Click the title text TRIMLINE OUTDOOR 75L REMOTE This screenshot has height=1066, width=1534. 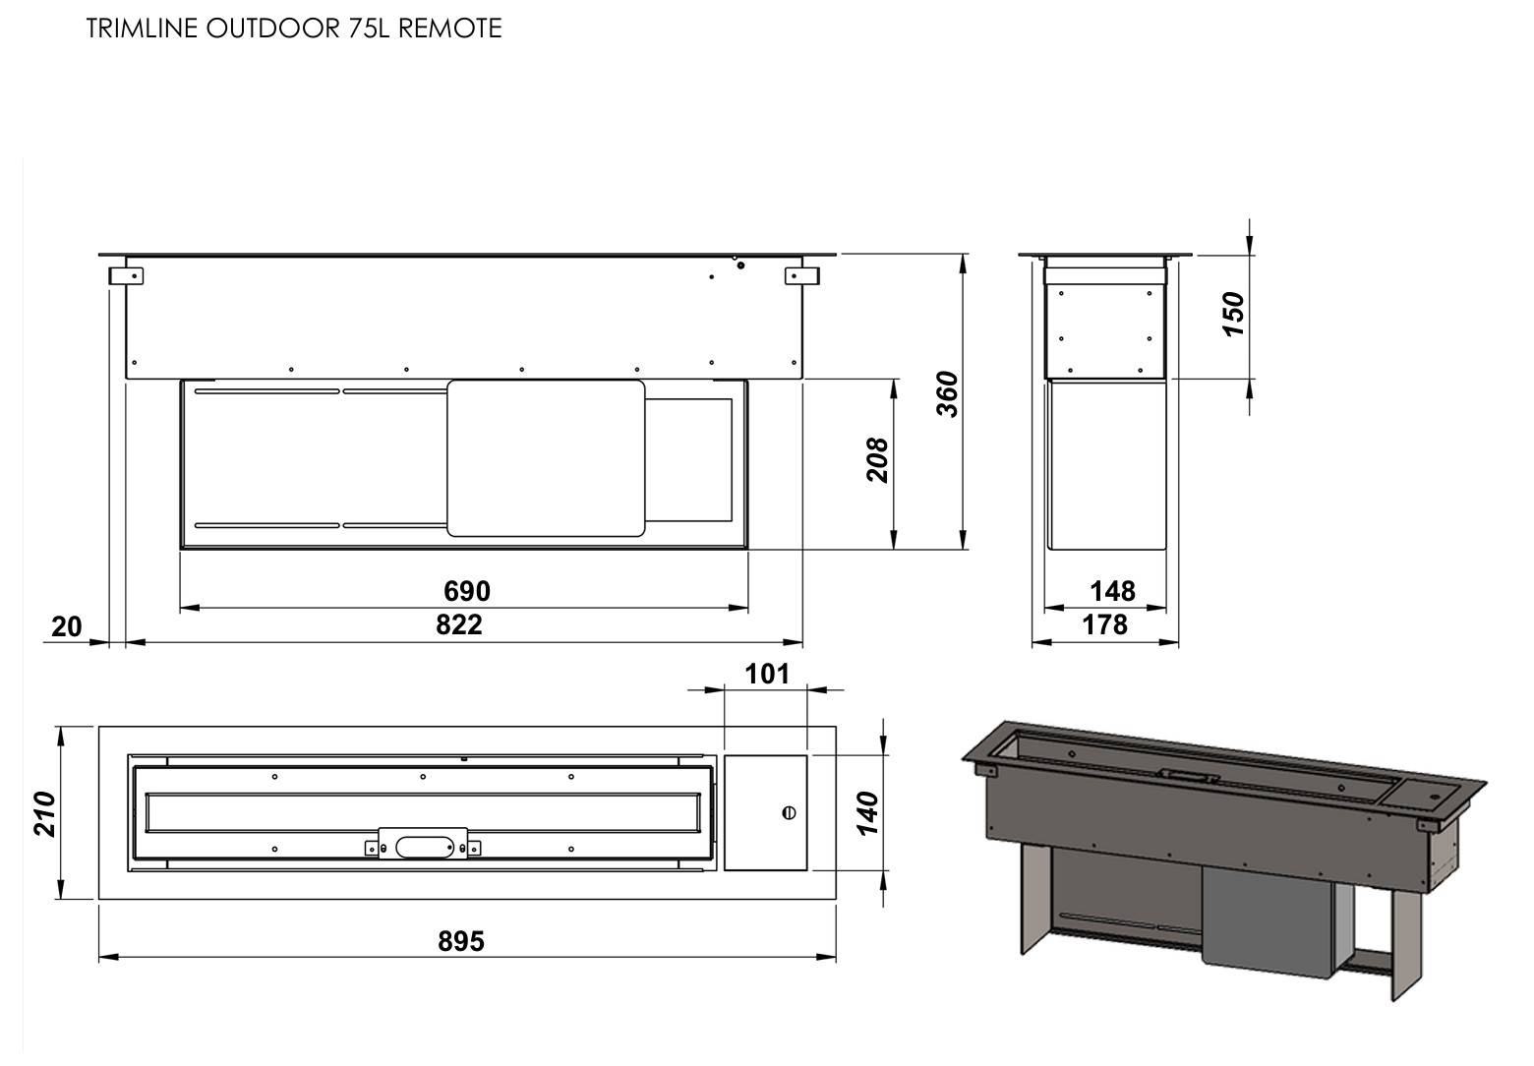point(294,29)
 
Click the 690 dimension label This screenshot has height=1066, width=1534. point(467,591)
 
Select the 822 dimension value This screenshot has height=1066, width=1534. point(459,624)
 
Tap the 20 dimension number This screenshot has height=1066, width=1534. point(67,626)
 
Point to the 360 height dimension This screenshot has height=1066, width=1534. point(948,393)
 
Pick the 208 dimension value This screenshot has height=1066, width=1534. point(877,460)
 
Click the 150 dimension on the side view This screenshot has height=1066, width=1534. point(1233,315)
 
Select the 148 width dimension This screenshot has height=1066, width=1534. point(1112,591)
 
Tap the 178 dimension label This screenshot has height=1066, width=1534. point(1104,624)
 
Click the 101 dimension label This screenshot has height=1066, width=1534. point(767,674)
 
